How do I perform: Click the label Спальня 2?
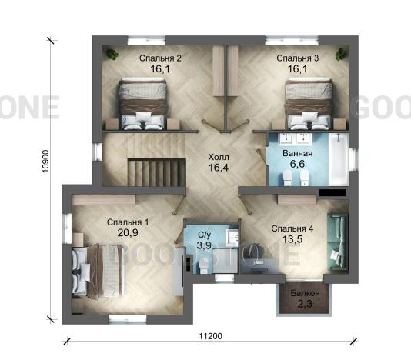click(x=160, y=58)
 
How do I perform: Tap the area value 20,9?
click(x=128, y=232)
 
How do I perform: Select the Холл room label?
click(x=219, y=157)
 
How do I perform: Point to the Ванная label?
click(x=298, y=153)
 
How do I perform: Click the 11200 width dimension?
click(x=210, y=336)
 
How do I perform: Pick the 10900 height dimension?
click(x=46, y=161)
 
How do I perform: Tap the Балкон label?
click(x=305, y=293)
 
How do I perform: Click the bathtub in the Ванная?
click(x=339, y=158)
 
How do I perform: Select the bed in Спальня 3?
click(x=308, y=104)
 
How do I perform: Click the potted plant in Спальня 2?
click(x=112, y=55)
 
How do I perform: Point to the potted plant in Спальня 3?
click(x=341, y=55)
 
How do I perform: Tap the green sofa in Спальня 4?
click(x=338, y=242)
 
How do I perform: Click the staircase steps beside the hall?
click(x=157, y=172)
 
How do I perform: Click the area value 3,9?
click(x=204, y=245)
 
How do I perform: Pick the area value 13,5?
click(x=292, y=239)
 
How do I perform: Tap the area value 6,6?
click(x=297, y=164)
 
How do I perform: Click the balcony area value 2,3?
click(x=305, y=304)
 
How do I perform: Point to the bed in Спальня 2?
click(x=143, y=104)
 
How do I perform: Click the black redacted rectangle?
click(x=332, y=193)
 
